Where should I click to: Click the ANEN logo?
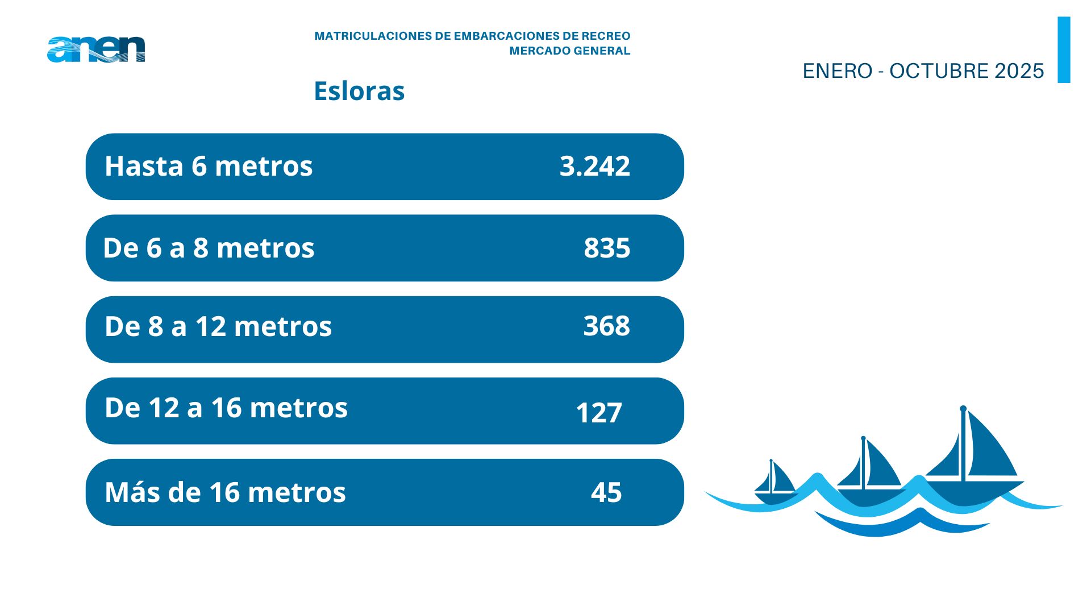tap(96, 49)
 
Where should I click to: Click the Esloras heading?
tap(359, 91)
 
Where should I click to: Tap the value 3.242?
tap(594, 166)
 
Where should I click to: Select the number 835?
tap(607, 248)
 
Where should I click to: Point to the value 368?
tap(606, 326)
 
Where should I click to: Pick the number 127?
tap(598, 413)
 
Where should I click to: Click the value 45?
tap(606, 492)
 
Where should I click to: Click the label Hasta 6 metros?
tap(209, 166)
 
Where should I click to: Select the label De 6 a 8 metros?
tap(209, 248)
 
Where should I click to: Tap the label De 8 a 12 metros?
tap(218, 326)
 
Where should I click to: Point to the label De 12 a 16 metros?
tap(226, 408)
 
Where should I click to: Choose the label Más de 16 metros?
tap(225, 492)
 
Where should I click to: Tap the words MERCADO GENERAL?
tap(569, 51)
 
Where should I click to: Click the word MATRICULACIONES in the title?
tap(373, 36)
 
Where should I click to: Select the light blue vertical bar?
tap(1064, 49)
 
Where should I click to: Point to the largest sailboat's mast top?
tap(963, 409)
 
